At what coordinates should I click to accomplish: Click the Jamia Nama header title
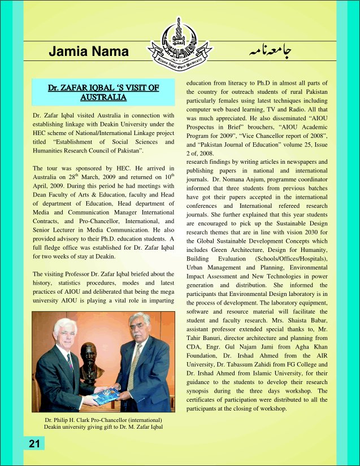pos(89,52)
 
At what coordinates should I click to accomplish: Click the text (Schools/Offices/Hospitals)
pos(293,259)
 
